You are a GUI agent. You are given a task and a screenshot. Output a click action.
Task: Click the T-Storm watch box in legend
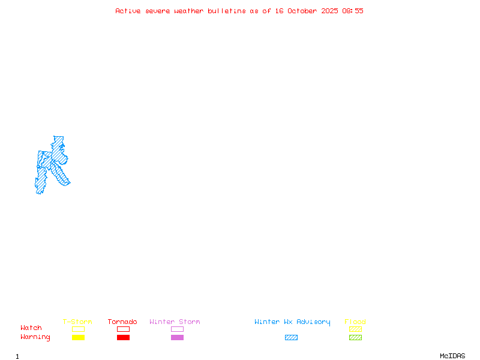point(78,329)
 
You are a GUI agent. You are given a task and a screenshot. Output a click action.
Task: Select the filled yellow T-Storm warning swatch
point(78,338)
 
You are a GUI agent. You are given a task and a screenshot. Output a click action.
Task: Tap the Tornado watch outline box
point(123,329)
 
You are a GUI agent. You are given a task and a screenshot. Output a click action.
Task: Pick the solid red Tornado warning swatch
point(123,338)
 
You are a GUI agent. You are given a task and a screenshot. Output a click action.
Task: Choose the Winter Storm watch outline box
point(177,329)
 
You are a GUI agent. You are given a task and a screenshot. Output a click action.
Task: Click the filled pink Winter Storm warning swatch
point(177,338)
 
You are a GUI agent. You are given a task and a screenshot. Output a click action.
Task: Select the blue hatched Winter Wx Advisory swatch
point(291,338)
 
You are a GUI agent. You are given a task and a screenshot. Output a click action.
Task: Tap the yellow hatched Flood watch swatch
point(355,329)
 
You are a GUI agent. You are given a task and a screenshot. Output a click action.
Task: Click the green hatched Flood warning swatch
point(355,338)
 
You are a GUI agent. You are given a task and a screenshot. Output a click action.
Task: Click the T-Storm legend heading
point(77,322)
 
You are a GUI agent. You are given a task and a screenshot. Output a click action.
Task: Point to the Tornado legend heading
point(122,322)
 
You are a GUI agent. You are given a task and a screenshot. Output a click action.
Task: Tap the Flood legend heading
point(355,322)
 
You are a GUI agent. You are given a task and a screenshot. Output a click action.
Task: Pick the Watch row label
point(31,328)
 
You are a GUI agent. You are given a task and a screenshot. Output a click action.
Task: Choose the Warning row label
point(35,337)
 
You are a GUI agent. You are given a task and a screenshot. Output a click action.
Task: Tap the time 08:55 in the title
point(353,11)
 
